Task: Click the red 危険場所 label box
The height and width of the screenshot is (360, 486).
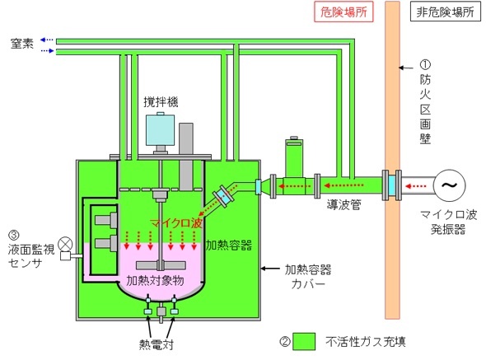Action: pos(343,12)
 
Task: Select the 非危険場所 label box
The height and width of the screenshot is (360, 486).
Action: pos(446,12)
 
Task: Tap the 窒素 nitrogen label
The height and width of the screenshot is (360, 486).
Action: pos(21,44)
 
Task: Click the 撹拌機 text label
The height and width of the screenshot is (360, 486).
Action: pos(161,101)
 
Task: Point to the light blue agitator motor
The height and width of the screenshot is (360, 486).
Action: pos(160,130)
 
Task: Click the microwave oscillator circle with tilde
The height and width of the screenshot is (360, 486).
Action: pos(449,185)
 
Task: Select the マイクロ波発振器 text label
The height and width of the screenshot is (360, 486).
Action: pos(448,222)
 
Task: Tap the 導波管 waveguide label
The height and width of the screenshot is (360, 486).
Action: pos(344,204)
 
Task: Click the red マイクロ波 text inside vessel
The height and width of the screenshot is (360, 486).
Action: pos(176,222)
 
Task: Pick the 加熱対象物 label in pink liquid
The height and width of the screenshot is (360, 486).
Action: pos(155,280)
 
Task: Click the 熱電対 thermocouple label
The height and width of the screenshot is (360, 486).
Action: pos(157,344)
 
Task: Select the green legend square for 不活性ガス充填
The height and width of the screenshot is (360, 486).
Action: pos(304,342)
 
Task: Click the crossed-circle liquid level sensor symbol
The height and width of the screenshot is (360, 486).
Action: pos(65,244)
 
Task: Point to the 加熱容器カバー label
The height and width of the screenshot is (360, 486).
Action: pos(308,277)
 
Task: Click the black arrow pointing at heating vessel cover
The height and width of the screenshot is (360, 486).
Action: pos(270,269)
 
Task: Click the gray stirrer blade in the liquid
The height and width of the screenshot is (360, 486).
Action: pos(161,265)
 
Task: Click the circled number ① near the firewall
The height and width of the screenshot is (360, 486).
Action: pos(425,64)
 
